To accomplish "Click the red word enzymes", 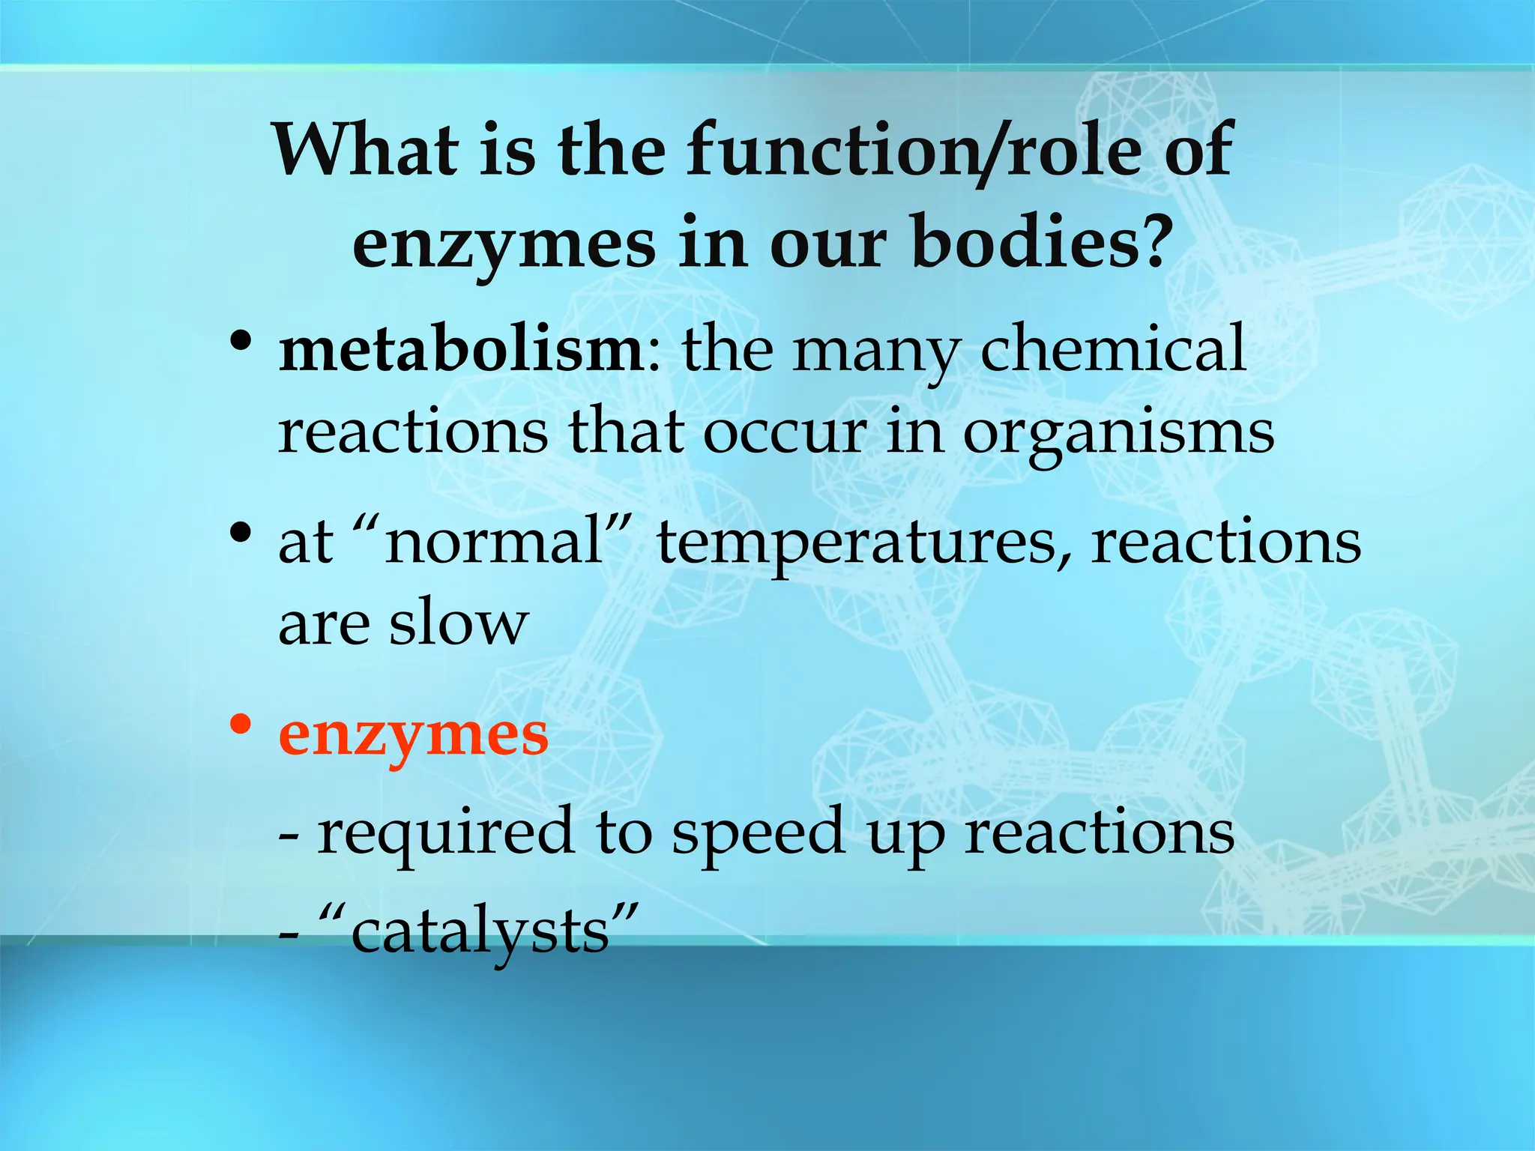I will [413, 737].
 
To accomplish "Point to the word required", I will [446, 835].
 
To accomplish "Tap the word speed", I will [759, 835].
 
